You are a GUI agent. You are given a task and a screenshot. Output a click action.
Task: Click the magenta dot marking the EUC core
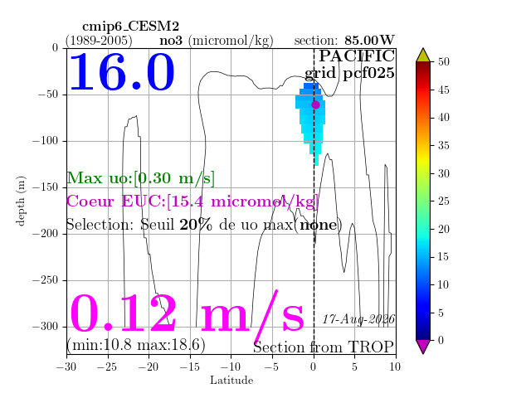(x=315, y=105)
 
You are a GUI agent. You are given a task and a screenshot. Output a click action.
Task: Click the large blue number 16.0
(x=122, y=72)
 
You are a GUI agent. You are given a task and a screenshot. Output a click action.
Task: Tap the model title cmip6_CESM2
(x=131, y=26)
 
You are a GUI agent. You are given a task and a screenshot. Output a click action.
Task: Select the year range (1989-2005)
(x=99, y=41)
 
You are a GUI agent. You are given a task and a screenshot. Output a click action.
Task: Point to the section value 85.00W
(x=369, y=41)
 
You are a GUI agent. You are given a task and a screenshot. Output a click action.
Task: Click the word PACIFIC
(x=357, y=56)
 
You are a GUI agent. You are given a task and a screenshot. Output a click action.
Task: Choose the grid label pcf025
(x=368, y=74)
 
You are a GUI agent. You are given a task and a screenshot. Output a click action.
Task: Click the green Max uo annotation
(x=140, y=178)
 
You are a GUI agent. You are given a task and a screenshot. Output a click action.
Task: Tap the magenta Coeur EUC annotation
(x=192, y=201)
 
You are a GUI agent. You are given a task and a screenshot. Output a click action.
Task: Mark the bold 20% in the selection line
(x=196, y=225)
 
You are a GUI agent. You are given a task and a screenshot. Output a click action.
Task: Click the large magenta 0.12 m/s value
(x=187, y=313)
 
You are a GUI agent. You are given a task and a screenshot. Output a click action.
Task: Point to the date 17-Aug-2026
(x=358, y=319)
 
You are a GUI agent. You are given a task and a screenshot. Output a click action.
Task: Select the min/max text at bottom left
(x=136, y=345)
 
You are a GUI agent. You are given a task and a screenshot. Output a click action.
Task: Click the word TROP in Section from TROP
(x=371, y=347)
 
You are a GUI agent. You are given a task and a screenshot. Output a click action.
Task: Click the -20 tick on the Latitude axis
(x=149, y=366)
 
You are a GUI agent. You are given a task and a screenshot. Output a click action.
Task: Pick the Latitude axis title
(x=231, y=380)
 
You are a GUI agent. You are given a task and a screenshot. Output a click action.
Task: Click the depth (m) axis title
(x=20, y=201)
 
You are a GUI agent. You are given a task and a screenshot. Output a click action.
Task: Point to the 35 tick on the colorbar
(x=444, y=146)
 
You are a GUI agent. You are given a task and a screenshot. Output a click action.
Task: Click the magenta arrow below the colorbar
(x=423, y=347)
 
